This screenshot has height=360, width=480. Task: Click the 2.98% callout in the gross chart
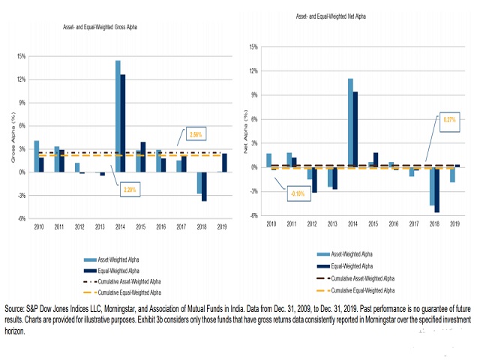[195, 135]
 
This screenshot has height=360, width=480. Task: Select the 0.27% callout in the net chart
[449, 119]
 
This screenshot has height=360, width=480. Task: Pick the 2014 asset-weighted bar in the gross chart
[118, 116]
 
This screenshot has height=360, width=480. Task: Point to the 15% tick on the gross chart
[21, 56]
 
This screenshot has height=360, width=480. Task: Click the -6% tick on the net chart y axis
[253, 216]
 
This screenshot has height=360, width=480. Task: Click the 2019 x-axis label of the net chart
[454, 223]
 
